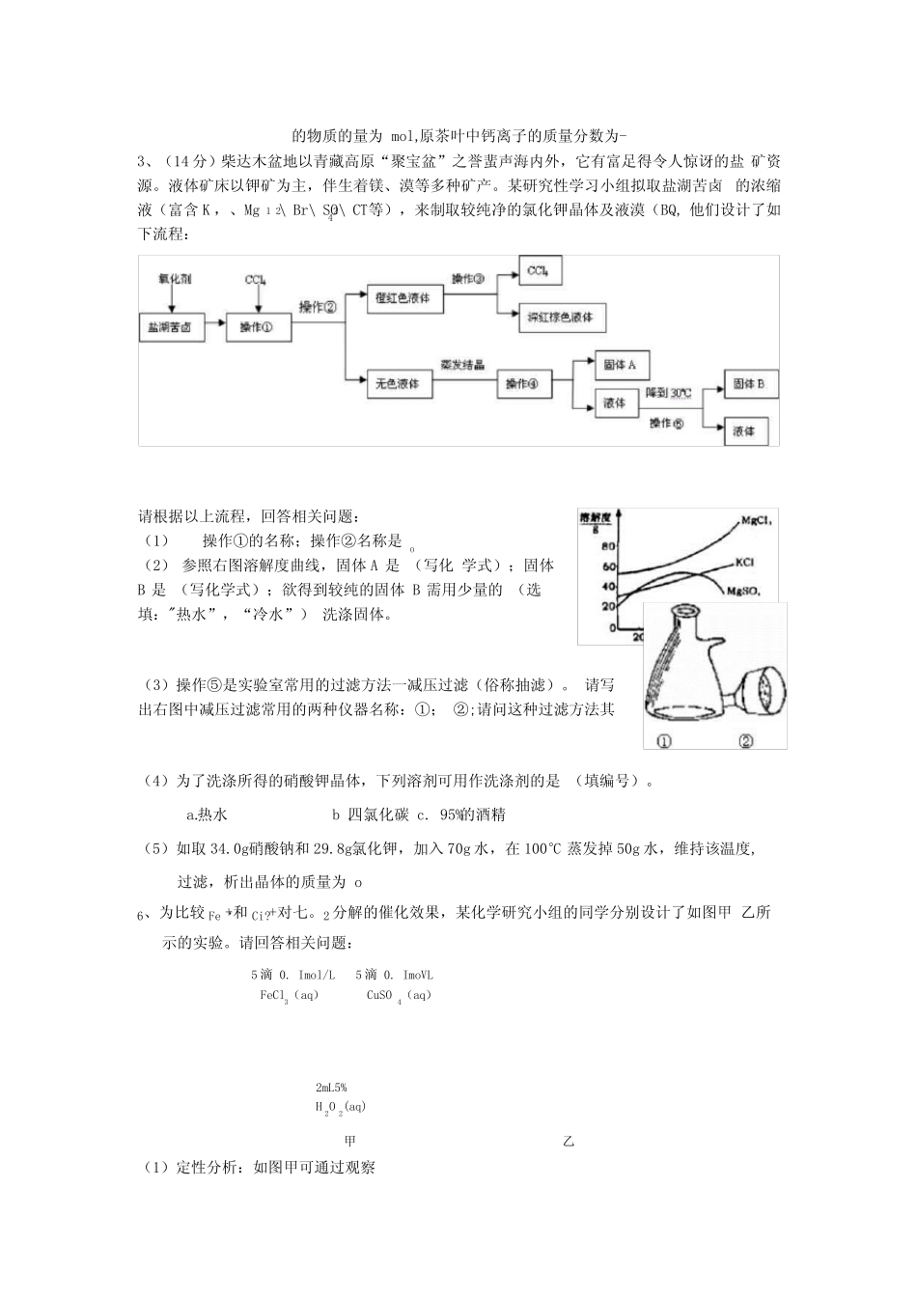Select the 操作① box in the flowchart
coord(256,327)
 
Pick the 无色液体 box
coord(397,383)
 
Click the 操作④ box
coord(523,383)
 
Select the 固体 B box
coord(749,384)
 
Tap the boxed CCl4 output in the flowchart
coord(540,271)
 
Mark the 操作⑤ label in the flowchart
coord(666,424)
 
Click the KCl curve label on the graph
coord(744,561)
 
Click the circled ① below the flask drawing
coord(663,740)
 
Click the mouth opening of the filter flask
coord(686,611)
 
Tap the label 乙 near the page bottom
coord(568,1141)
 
